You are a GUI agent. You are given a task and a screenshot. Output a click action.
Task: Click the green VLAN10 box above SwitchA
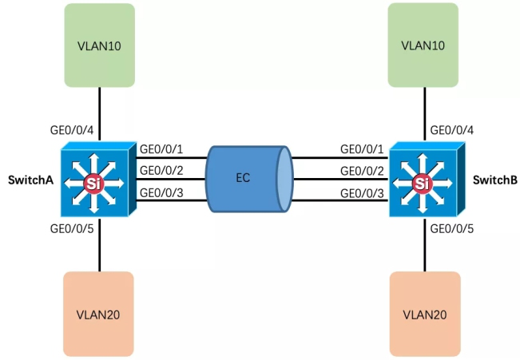coord(99,44)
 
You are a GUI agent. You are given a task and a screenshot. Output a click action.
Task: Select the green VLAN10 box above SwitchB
coord(424,44)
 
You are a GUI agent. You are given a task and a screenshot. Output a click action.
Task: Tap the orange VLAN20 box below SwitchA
coord(99,313)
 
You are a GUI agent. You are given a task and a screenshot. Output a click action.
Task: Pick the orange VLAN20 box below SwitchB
coord(424,313)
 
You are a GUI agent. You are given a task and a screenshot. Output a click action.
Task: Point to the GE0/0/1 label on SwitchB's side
coord(362,148)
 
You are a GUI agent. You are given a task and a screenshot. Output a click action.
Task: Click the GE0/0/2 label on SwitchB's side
coord(362,170)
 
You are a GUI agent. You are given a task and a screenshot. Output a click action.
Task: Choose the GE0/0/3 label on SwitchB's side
coord(362,192)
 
